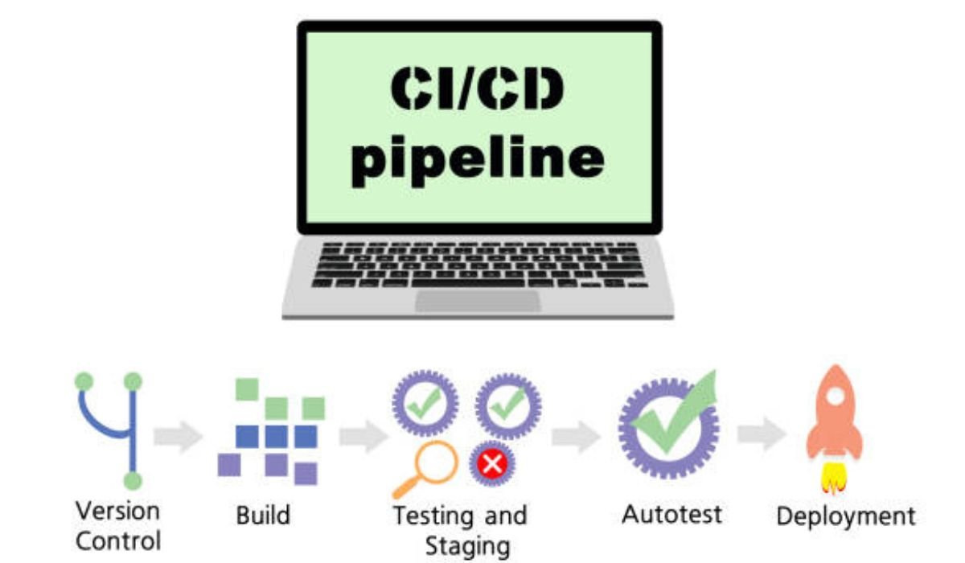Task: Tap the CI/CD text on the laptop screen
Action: click(478, 90)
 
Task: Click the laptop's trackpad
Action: click(478, 301)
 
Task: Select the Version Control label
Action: click(117, 525)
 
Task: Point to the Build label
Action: click(262, 515)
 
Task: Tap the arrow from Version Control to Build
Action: click(178, 437)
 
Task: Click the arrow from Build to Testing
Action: click(363, 437)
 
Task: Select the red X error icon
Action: click(491, 464)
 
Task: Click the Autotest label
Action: click(672, 514)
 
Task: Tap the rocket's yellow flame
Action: click(832, 478)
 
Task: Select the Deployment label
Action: click(845, 516)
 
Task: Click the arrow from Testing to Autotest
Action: click(576, 437)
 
